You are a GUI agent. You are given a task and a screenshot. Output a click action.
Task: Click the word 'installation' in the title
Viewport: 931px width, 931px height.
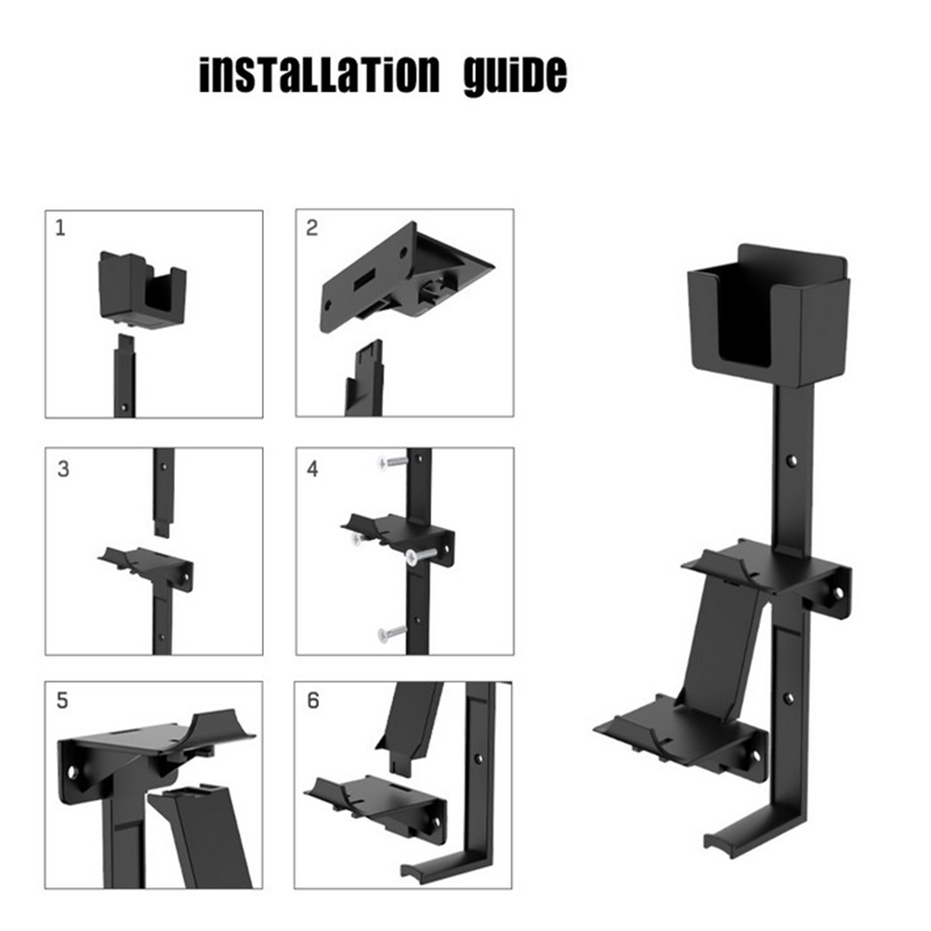coord(320,75)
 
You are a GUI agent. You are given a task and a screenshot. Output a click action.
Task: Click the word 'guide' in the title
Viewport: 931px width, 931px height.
coord(516,76)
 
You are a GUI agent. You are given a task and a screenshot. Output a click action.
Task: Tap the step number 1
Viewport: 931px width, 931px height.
coord(60,228)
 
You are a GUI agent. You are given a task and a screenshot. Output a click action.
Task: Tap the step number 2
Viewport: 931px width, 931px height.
coord(311,228)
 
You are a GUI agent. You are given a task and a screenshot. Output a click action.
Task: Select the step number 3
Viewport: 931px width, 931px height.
coord(63,469)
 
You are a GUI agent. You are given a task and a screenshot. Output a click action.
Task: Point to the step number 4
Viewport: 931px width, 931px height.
coord(312,469)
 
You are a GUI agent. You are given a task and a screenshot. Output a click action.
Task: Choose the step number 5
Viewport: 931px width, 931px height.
coord(62,701)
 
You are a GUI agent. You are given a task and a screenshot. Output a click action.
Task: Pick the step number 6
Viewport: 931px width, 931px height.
coord(313,701)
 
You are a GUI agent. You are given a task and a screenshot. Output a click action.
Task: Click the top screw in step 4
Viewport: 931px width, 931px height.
coord(393,462)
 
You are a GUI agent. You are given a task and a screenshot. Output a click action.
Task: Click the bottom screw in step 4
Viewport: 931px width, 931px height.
coord(391,633)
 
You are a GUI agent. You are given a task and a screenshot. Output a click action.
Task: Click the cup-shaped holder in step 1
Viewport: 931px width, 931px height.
coord(142,290)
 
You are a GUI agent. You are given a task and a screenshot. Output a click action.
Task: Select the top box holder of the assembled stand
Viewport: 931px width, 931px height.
coord(768,315)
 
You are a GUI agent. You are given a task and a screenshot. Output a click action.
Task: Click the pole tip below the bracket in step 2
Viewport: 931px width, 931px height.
coord(365,377)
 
